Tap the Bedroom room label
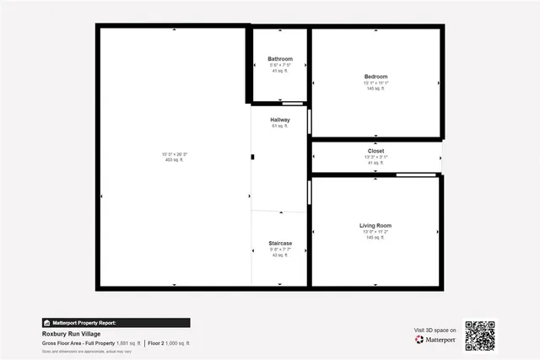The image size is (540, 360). click(375, 77)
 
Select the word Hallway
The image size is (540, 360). click(280, 120)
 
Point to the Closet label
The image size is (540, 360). click(375, 151)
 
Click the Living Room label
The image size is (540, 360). click(375, 225)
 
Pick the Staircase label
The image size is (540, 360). click(280, 243)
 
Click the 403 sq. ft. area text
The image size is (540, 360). click(175, 159)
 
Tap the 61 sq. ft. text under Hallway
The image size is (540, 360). click(280, 126)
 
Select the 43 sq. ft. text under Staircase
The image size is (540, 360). click(280, 255)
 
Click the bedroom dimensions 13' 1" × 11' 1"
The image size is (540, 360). click(375, 83)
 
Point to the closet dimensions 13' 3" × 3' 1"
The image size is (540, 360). click(375, 157)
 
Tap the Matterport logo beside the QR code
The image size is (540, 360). click(435, 339)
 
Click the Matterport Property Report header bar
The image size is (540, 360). click(116, 322)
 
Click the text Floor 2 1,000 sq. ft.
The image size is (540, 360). click(170, 343)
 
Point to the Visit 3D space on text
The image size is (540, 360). click(435, 330)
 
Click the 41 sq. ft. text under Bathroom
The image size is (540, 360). click(280, 71)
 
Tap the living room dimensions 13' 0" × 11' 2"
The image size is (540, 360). click(375, 232)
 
